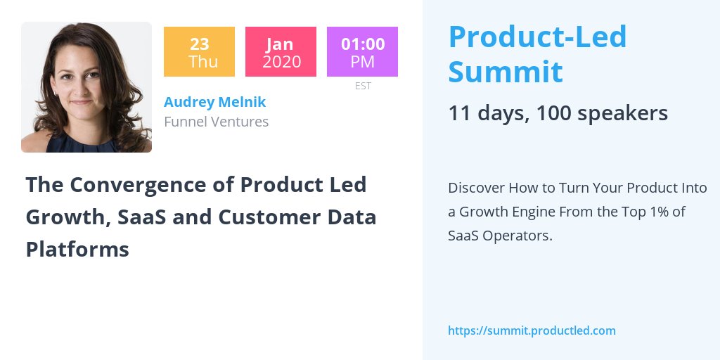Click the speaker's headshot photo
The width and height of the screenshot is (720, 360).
pos(86,87)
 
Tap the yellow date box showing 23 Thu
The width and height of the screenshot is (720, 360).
pos(199,52)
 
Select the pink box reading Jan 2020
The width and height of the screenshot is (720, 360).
pos(281,52)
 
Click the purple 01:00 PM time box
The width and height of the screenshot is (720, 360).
pos(362,52)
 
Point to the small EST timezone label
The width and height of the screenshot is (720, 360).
pos(362,86)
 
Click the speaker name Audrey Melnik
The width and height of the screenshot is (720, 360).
pos(214,102)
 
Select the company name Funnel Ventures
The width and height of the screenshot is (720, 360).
pos(216,122)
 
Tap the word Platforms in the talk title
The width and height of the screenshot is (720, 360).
pos(77,249)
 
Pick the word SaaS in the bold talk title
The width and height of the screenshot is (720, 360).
pos(146,217)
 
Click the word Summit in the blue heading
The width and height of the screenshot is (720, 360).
pos(505,72)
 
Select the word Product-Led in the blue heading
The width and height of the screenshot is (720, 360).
pos(537,37)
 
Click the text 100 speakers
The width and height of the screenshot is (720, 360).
pos(602,113)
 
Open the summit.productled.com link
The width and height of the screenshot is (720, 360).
pos(532,330)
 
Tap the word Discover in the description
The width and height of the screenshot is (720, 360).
pos(476,188)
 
